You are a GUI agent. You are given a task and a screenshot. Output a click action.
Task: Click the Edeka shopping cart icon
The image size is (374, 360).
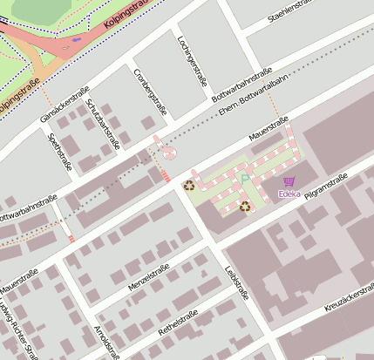(289, 180)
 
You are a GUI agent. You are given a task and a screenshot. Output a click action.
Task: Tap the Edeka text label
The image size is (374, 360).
(289, 193)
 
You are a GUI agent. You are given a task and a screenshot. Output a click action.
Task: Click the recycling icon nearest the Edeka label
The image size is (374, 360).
(245, 207)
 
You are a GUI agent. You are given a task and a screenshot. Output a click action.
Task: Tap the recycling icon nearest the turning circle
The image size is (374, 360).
(188, 185)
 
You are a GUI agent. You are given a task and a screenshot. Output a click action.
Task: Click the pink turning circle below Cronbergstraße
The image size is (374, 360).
(168, 153)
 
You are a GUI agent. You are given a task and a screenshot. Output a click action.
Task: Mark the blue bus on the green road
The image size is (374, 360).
(78, 39)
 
